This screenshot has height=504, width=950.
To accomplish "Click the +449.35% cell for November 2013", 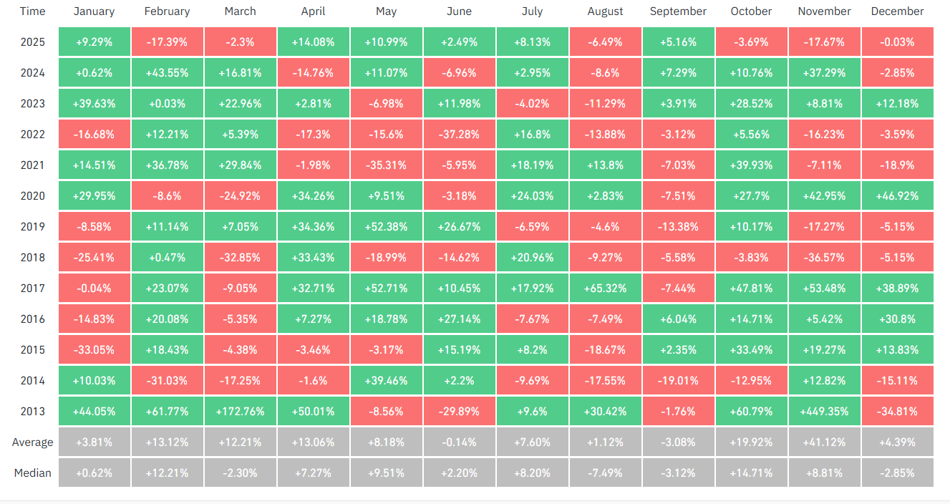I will [824, 412].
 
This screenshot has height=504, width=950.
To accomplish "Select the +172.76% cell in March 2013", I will [240, 412].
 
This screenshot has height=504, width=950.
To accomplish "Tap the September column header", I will [678, 11].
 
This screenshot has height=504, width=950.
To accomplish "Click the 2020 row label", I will [33, 196].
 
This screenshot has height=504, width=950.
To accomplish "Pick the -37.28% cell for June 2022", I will [459, 135].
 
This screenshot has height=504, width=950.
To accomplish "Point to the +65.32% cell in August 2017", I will [605, 289].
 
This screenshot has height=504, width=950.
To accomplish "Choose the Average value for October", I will [751, 442].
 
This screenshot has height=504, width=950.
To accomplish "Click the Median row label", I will [33, 473].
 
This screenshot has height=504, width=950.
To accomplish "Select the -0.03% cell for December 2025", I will [897, 42].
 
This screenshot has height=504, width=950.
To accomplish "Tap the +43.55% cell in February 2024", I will [167, 73].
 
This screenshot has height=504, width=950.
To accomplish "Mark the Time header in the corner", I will [33, 11].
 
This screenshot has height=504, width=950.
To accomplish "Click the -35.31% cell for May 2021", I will [386, 165].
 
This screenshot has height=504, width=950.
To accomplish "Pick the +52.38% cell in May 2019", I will [386, 227].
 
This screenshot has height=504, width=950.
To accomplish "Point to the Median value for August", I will [605, 473].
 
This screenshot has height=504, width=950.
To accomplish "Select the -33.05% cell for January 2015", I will [94, 350].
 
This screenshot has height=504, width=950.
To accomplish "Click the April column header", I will [313, 11].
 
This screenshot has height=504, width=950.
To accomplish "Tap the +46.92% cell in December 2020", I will [897, 196].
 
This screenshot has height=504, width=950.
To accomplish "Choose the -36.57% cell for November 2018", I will [824, 258].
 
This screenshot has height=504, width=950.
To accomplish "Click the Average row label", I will [33, 442].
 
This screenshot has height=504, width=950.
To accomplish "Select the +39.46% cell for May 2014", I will [386, 381].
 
